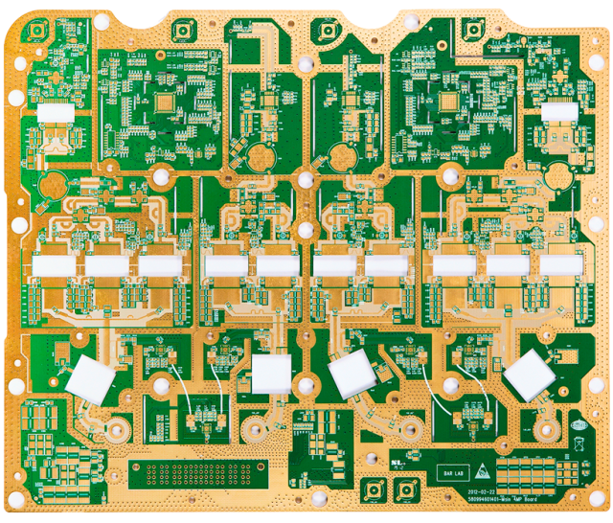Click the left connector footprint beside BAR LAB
[x=370, y=489]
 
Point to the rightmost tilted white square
[x=528, y=375]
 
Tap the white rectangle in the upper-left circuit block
[x=56, y=113]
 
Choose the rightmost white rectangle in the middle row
[x=560, y=264]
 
